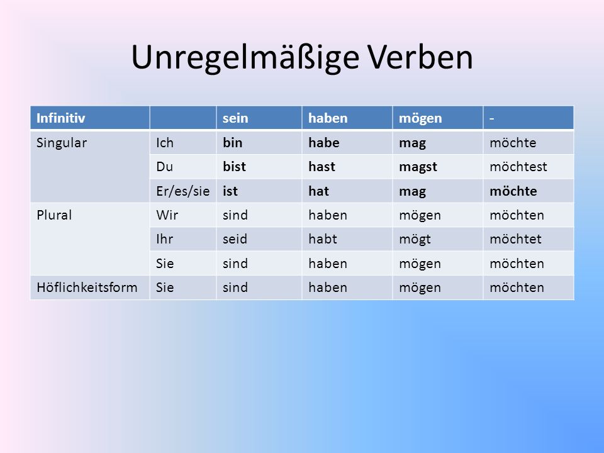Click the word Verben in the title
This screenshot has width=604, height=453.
tap(420, 57)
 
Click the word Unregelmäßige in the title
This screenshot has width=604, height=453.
tap(245, 58)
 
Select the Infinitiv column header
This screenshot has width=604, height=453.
tap(60, 118)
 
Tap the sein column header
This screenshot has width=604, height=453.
tap(235, 118)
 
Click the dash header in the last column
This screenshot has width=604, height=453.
tap(491, 118)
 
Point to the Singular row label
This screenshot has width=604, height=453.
tap(62, 143)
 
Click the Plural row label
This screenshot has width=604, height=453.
tap(54, 215)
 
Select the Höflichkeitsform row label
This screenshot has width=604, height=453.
tap(87, 288)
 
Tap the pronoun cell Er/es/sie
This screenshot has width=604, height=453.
tap(182, 191)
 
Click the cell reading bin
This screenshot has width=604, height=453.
tap(232, 143)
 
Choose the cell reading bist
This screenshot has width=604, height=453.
tap(234, 167)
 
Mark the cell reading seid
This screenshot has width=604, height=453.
tap(235, 239)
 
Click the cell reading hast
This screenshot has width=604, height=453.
tap(322, 167)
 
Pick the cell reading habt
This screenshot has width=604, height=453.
tap(322, 239)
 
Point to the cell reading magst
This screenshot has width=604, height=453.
tap(418, 167)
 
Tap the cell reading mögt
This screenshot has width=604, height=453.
tap(415, 240)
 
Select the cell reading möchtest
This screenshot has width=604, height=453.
tap(518, 167)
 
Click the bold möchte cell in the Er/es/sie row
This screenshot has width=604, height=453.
tap(513, 191)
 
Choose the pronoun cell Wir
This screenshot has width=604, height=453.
tap(167, 215)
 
